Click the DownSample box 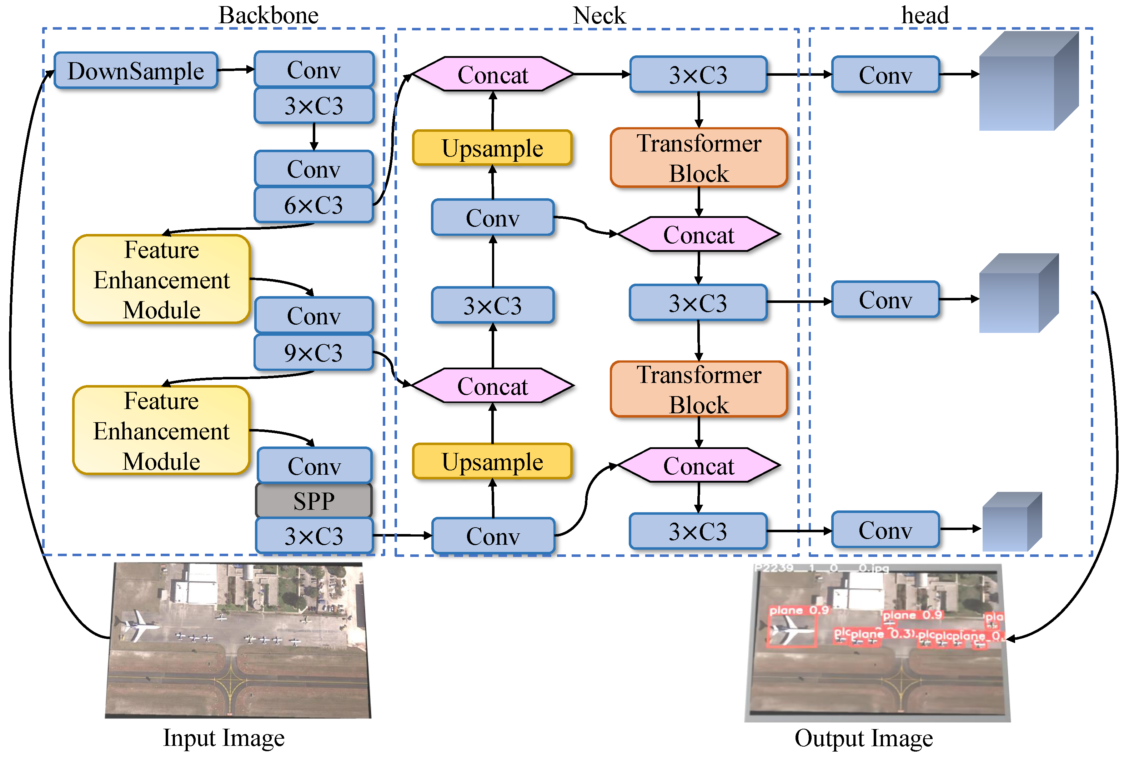[x=135, y=71]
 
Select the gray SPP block [x=313, y=501]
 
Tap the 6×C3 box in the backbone [x=313, y=205]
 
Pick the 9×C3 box [x=313, y=353]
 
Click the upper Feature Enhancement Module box [x=161, y=279]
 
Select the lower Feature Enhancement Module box [x=161, y=430]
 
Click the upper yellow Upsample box [x=492, y=148]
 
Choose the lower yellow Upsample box [x=492, y=461]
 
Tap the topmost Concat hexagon [x=492, y=74]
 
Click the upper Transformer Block [x=698, y=158]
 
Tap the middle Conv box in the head [x=885, y=300]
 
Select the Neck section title [x=599, y=15]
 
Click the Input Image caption [x=224, y=738]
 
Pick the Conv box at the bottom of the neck [x=493, y=535]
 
